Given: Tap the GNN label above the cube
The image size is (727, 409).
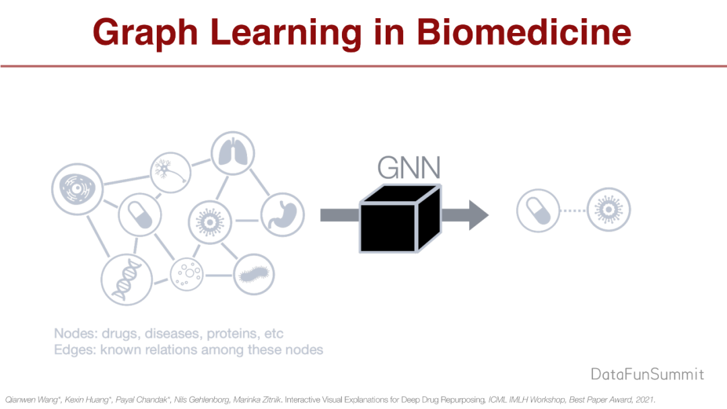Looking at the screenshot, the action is click(x=409, y=168).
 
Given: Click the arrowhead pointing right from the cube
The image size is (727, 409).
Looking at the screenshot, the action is click(x=475, y=215).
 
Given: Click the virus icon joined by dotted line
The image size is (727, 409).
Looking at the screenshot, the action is click(x=609, y=211).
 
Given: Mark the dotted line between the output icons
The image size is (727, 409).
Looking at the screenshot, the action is click(x=573, y=211).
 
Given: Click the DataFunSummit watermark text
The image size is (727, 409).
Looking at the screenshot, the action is click(x=647, y=374).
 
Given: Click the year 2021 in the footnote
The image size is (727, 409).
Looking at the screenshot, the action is click(x=645, y=399).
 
